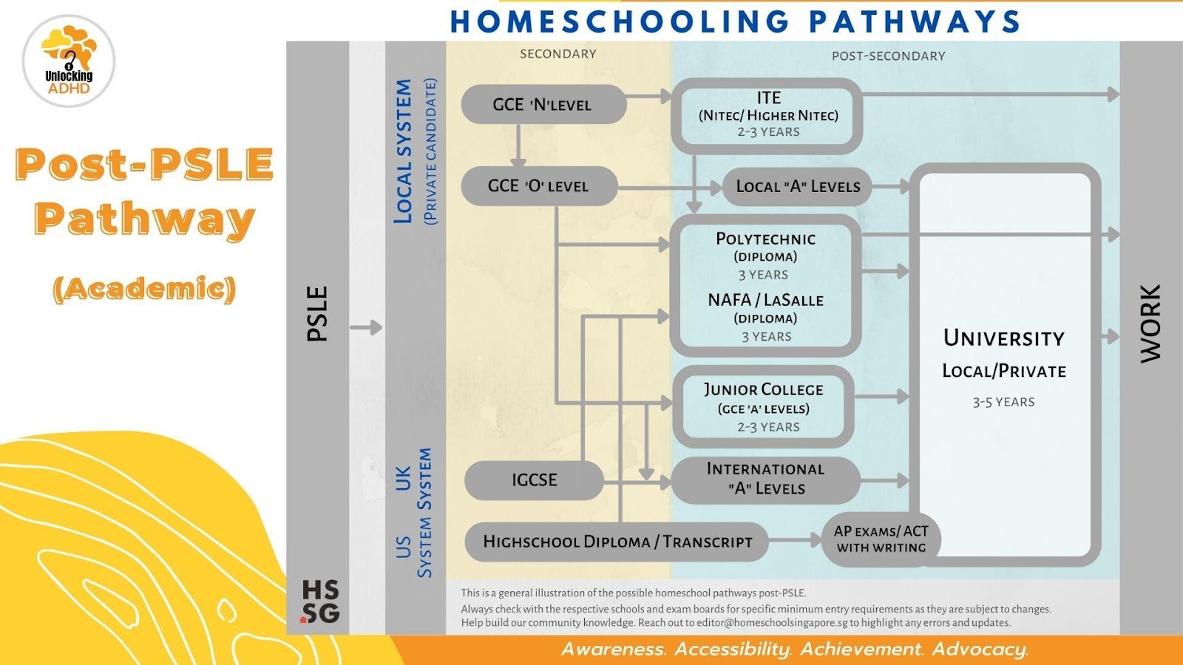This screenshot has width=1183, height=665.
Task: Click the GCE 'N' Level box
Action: [543, 105]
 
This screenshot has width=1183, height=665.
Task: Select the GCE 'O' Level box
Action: [539, 186]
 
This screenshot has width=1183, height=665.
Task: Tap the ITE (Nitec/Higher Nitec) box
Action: [767, 115]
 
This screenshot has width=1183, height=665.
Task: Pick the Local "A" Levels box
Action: [798, 186]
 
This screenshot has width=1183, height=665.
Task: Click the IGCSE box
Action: [535, 480]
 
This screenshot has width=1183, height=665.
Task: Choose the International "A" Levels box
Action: [765, 479]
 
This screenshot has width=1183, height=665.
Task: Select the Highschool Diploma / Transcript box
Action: [617, 542]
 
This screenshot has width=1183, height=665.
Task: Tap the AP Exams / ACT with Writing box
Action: [881, 539]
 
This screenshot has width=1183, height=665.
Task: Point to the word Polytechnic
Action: [765, 239]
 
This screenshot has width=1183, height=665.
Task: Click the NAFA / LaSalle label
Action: [765, 300]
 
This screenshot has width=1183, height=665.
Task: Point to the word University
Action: [1003, 338]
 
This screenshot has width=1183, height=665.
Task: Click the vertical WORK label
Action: [1150, 324]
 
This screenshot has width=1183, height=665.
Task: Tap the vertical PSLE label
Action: [317, 314]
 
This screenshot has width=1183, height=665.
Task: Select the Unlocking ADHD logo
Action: [69, 61]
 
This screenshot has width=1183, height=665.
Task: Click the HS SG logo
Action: [320, 601]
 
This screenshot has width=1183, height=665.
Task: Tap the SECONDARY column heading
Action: [557, 54]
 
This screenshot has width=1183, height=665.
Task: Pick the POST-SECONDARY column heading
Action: [888, 56]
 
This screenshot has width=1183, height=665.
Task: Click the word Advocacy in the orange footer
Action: [980, 649]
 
